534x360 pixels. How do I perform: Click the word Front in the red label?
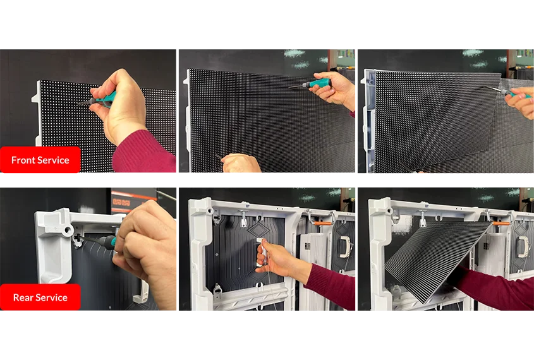click(23, 160)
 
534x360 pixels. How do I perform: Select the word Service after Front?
click(54, 160)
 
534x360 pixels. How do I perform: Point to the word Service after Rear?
click(51, 297)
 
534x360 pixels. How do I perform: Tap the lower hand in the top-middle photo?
click(241, 164)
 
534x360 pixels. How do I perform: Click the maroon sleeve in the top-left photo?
click(145, 153)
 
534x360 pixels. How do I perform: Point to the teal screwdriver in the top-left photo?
click(99, 100)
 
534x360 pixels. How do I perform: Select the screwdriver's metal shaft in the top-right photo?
click(494, 90)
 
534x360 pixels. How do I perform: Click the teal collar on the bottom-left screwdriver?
click(112, 242)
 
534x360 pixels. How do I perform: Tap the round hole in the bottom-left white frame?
click(68, 230)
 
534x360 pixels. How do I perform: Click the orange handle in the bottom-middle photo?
click(322, 224)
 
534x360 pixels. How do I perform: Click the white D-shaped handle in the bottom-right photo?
click(523, 246)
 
